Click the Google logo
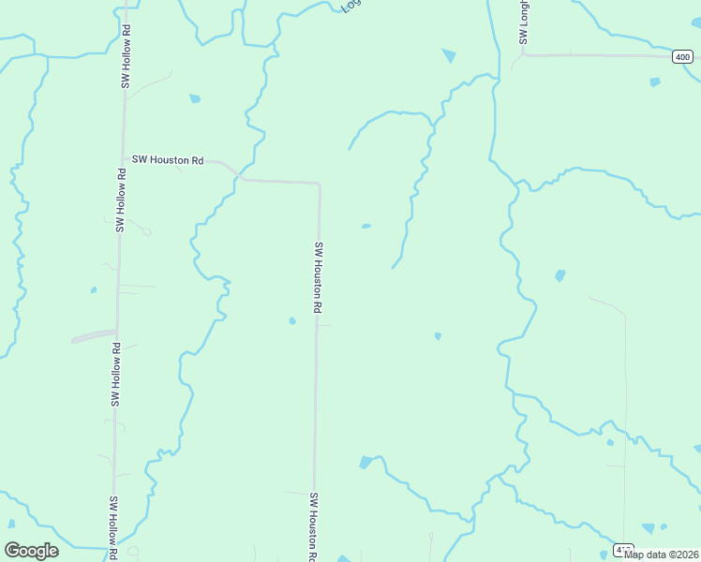point(32,551)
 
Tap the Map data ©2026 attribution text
point(661,554)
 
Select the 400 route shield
point(683,57)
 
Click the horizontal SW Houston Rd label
point(168,160)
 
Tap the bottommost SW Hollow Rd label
point(112,527)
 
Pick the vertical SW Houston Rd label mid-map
point(319,277)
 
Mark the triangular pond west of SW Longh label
point(449,56)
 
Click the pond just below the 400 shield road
point(655,81)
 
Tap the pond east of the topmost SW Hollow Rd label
point(195,98)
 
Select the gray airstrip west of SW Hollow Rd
point(94,335)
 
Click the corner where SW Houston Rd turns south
point(320,185)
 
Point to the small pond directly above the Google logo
point(11,524)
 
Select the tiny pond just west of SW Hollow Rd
point(94,289)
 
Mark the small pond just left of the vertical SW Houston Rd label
point(292,321)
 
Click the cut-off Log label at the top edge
point(350,5)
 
